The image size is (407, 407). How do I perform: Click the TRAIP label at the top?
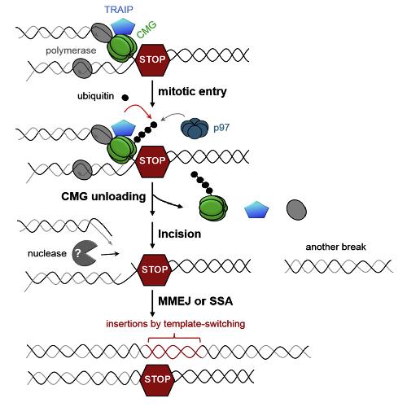point(119,10)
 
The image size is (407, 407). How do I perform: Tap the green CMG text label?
point(147,29)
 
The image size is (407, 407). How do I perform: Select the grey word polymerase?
point(71,50)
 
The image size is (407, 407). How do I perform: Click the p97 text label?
point(221,128)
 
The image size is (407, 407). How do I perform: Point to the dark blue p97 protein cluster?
point(194,129)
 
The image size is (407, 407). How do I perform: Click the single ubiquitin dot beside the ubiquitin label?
point(125,98)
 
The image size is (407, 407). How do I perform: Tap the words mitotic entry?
point(192,91)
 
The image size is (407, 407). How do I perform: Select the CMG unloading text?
point(103,196)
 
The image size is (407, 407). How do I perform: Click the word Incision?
point(180,234)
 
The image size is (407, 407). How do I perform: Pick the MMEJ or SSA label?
point(195,301)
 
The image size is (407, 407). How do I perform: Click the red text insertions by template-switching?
point(176,324)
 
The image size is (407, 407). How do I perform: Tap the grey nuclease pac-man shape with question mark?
point(84,253)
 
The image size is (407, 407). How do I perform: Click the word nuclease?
point(47,253)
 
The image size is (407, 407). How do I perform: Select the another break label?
point(335,247)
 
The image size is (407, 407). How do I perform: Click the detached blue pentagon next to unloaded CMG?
point(256,209)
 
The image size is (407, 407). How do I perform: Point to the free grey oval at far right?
point(296,210)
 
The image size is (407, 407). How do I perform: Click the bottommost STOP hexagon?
point(157,379)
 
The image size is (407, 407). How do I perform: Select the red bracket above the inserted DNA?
point(174,339)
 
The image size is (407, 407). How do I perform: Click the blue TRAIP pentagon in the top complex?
point(123,26)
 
